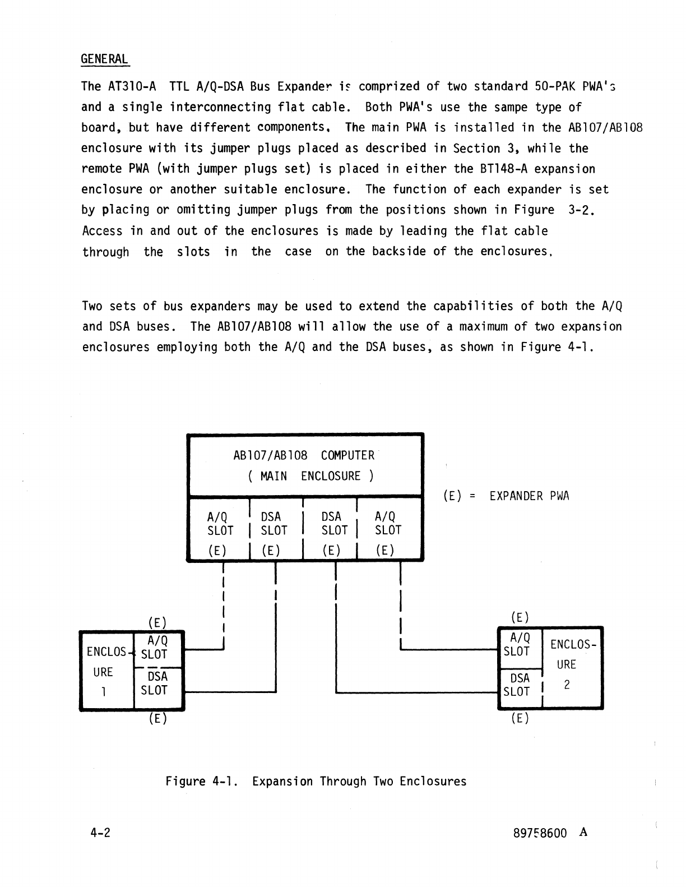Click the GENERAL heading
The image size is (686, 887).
105,59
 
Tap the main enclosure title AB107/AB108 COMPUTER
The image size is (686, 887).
303,455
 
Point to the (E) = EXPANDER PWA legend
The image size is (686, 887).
506,496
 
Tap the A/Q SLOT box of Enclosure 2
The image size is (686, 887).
517,644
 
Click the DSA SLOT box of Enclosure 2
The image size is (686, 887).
517,685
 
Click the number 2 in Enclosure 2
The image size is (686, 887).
567,685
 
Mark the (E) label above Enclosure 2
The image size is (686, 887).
520,617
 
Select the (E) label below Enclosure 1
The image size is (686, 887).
157,718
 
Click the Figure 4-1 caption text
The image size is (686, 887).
316,782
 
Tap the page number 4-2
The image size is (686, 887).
100,833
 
